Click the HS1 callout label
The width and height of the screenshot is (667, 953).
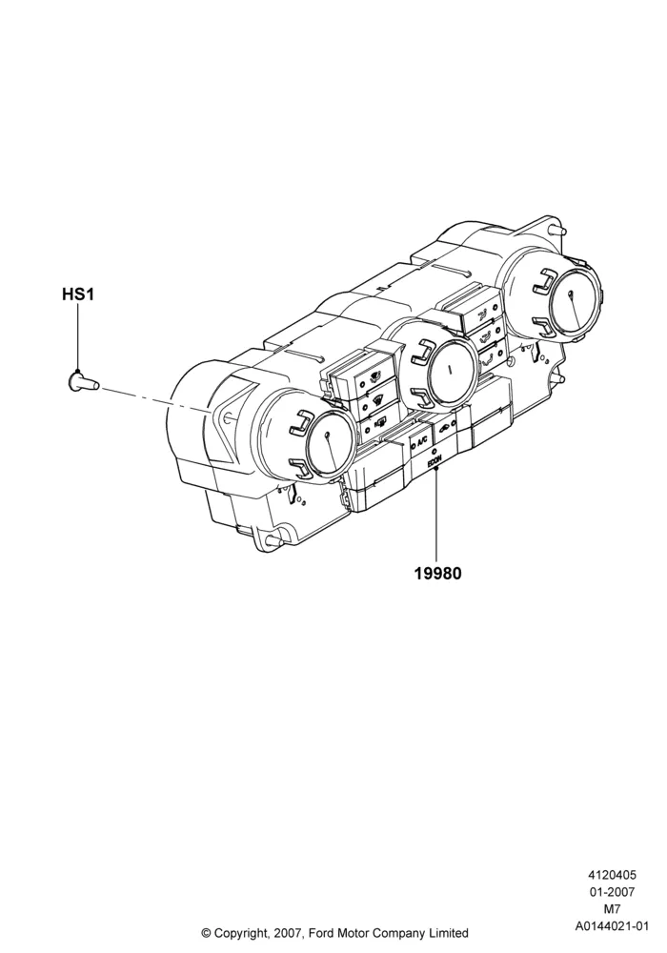(x=78, y=294)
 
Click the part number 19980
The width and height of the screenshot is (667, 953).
(x=438, y=573)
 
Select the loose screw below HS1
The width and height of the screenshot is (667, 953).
(x=81, y=383)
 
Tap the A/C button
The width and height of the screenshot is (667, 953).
(x=421, y=443)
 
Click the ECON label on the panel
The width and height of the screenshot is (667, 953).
(x=434, y=463)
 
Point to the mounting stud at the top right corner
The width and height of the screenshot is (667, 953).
(x=558, y=230)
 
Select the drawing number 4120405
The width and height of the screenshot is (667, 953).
(x=612, y=875)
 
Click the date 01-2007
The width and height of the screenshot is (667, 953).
(x=612, y=892)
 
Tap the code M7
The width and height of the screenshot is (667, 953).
(x=612, y=909)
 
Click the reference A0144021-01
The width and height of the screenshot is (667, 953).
(x=612, y=926)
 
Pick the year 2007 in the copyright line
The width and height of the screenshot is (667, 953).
(x=287, y=932)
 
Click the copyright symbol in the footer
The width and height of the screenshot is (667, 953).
(x=206, y=932)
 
